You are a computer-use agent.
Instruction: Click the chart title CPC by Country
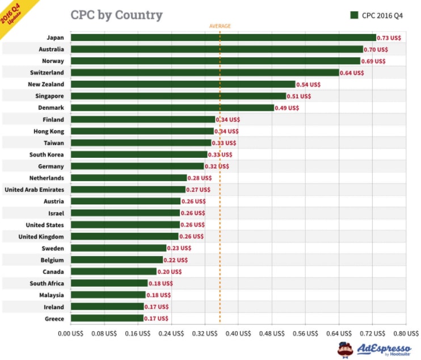[116, 15]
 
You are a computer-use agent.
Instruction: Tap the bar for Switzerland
[204, 73]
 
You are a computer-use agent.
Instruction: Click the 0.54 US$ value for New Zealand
[309, 85]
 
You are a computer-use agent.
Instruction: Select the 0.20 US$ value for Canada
[170, 271]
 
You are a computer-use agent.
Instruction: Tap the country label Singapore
[49, 96]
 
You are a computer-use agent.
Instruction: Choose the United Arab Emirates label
[34, 190]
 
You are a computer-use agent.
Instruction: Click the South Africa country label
[47, 283]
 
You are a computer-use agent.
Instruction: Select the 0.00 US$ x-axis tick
[70, 333]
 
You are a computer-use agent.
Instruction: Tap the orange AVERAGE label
[220, 26]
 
